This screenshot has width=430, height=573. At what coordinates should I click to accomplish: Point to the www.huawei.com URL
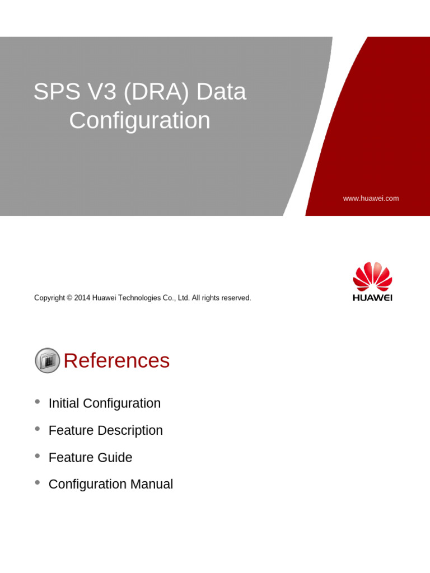tap(371, 199)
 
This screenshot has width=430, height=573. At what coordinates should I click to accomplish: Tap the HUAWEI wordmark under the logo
tap(372, 298)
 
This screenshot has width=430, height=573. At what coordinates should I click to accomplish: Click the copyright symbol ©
tap(69, 298)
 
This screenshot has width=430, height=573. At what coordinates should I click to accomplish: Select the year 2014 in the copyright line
tap(82, 298)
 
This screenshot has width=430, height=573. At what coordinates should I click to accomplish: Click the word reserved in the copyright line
tap(236, 298)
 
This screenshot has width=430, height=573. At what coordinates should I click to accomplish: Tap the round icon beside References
tap(48, 360)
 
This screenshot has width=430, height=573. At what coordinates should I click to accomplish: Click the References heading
tap(116, 361)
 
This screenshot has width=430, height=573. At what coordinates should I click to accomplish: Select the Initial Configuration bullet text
tap(105, 403)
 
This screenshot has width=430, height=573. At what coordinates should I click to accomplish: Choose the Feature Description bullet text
tap(106, 430)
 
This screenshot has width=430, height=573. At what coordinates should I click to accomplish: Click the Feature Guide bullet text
tap(90, 458)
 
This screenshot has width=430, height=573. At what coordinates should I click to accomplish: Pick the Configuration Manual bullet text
tap(111, 485)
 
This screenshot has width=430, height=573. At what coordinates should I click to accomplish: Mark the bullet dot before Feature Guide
tap(38, 456)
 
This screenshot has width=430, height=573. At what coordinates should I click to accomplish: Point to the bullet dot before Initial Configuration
tap(38, 402)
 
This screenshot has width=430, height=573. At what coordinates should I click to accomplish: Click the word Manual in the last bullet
tap(152, 485)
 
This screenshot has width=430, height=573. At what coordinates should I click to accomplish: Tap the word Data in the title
tap(221, 92)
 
